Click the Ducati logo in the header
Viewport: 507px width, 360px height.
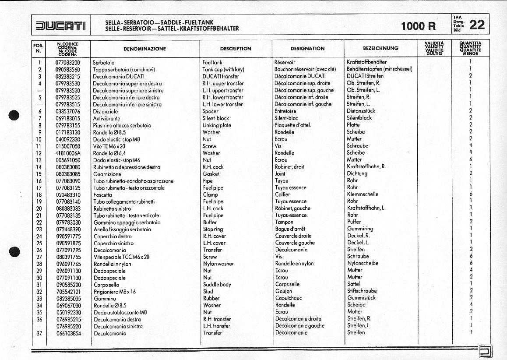(x=61, y=25)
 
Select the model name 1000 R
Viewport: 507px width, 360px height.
(x=419, y=26)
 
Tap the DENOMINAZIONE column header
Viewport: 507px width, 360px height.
(x=144, y=49)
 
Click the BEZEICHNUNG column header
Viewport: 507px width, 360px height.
(x=380, y=48)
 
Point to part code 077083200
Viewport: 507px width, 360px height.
(x=68, y=63)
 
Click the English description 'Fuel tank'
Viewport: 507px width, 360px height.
(x=213, y=63)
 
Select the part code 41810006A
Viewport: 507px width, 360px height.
(x=68, y=153)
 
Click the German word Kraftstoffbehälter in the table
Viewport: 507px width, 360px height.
(x=366, y=62)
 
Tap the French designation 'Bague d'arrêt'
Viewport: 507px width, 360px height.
(x=290, y=229)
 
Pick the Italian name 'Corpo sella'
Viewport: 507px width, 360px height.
(x=106, y=285)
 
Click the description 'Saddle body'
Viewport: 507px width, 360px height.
(x=217, y=285)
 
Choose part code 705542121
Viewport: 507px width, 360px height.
(x=68, y=292)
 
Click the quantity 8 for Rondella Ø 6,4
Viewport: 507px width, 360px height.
(x=470, y=153)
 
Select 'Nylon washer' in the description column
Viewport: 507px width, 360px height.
(x=218, y=264)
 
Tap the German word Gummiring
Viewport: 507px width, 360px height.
(x=360, y=229)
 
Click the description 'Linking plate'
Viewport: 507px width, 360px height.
(x=217, y=125)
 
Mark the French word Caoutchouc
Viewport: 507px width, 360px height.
(x=289, y=298)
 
